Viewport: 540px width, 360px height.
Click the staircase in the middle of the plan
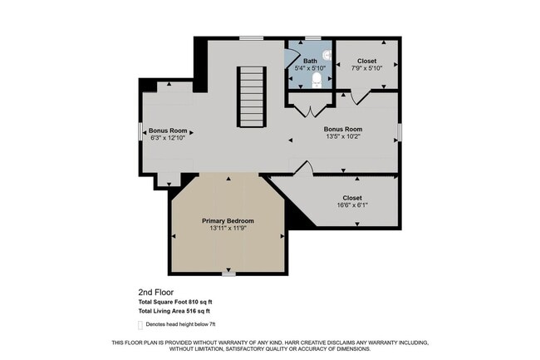coord(250,97)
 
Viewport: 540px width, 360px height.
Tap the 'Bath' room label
coord(310,61)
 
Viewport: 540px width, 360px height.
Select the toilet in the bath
coord(317,81)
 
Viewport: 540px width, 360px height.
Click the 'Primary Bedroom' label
coord(228,220)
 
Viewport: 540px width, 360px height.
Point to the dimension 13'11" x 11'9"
coord(228,229)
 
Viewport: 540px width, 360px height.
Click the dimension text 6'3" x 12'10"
coord(167,139)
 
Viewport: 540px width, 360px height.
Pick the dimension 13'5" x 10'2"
coord(343,138)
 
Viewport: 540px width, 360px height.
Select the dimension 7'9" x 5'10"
coord(366,69)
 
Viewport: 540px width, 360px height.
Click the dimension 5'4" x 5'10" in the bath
coord(310,69)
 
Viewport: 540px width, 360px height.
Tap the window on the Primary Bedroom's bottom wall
coord(228,274)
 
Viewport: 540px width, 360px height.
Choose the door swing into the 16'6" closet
coord(302,169)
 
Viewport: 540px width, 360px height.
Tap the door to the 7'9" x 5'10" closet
coord(359,98)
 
